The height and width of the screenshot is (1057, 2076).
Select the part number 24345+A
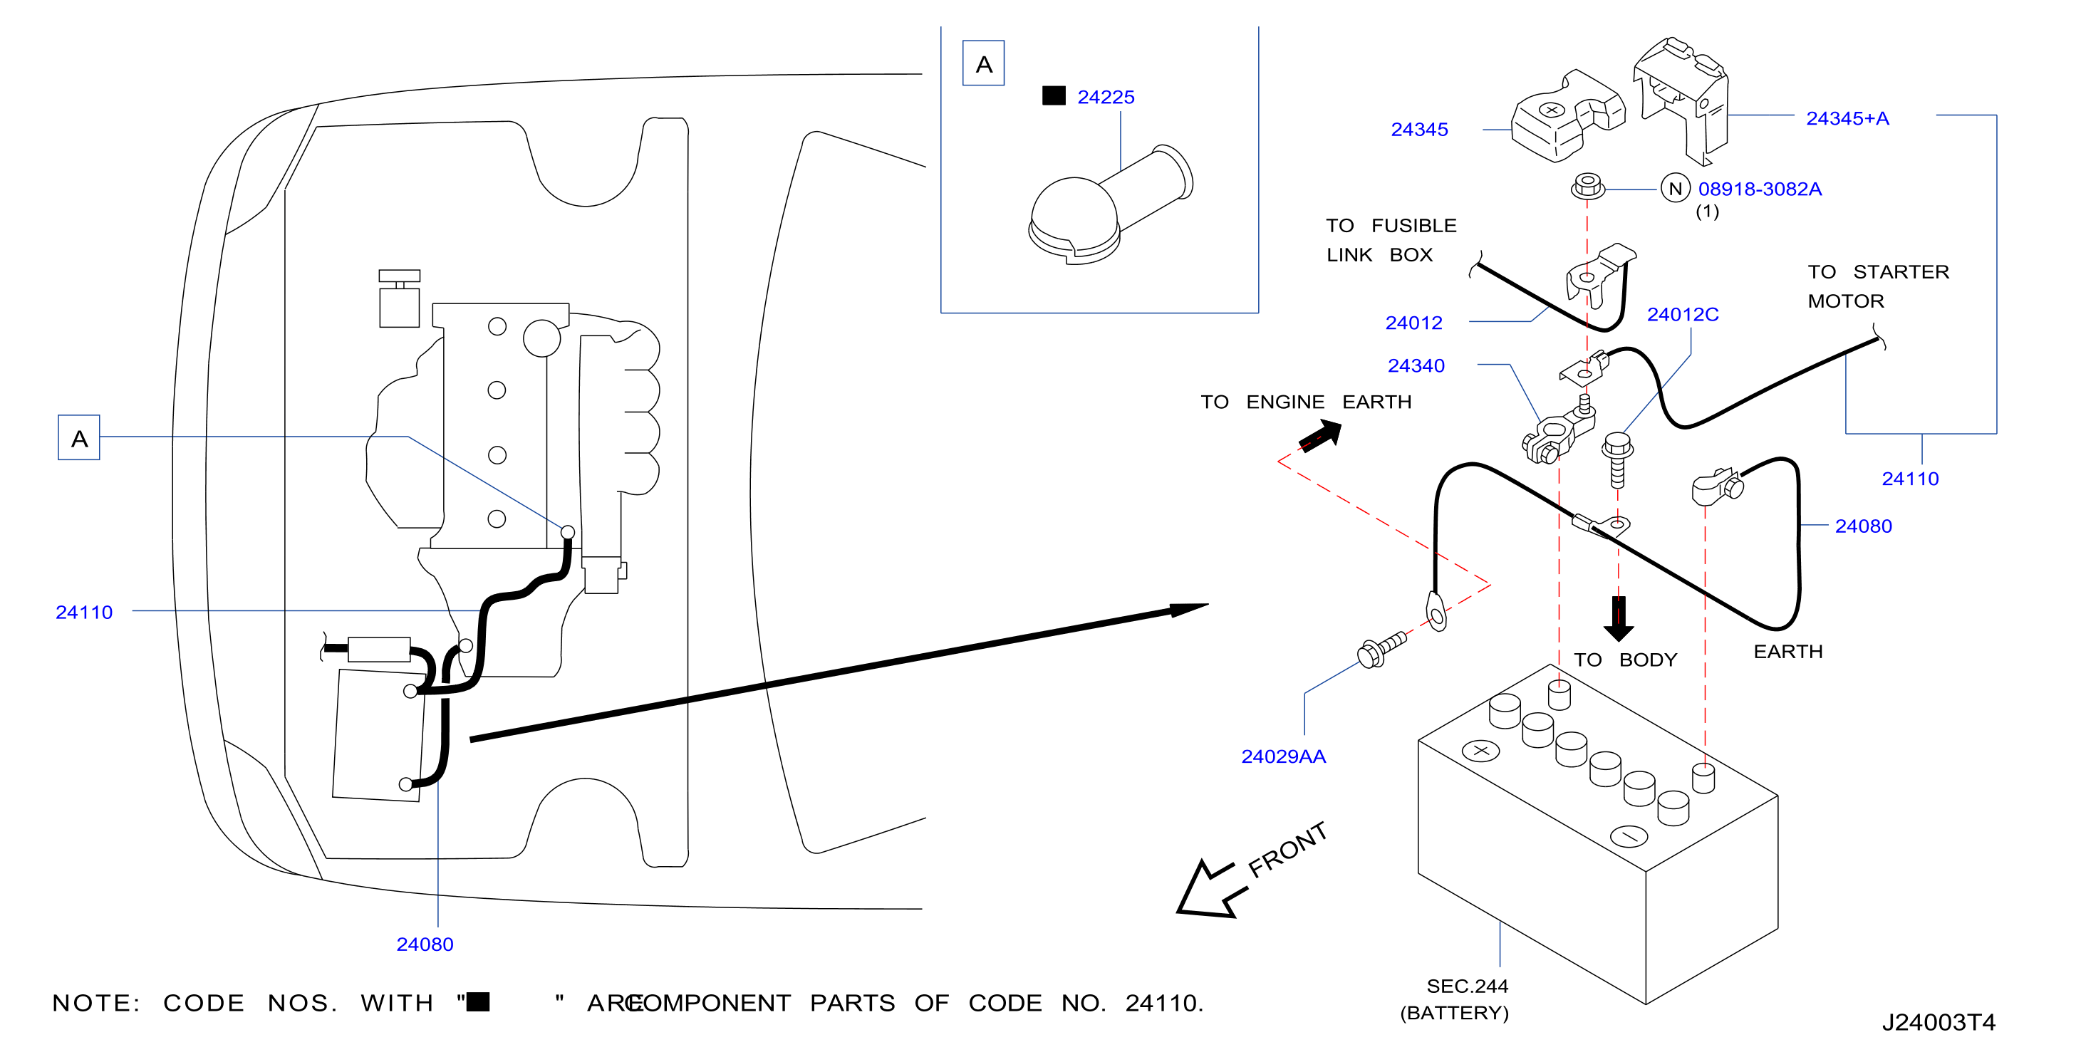click(1847, 118)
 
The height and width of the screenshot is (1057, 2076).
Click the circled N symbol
click(1675, 189)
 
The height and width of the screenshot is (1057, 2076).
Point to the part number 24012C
click(1682, 315)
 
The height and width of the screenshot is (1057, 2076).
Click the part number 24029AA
click(1283, 756)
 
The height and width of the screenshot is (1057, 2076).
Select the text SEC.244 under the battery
click(1467, 986)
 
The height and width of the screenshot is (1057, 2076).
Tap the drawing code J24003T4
click(1939, 1022)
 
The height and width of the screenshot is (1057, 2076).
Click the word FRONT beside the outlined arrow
click(1287, 849)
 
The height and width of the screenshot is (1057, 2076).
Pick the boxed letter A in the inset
click(983, 63)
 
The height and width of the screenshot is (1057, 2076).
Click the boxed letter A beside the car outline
click(79, 437)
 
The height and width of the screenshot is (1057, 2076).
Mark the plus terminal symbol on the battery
click(1480, 751)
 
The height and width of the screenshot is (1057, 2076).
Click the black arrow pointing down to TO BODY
click(1618, 619)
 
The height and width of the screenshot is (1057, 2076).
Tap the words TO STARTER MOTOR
click(1878, 286)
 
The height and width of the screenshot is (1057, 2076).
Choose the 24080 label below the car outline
click(425, 944)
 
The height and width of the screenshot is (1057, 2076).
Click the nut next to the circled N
click(1587, 187)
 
